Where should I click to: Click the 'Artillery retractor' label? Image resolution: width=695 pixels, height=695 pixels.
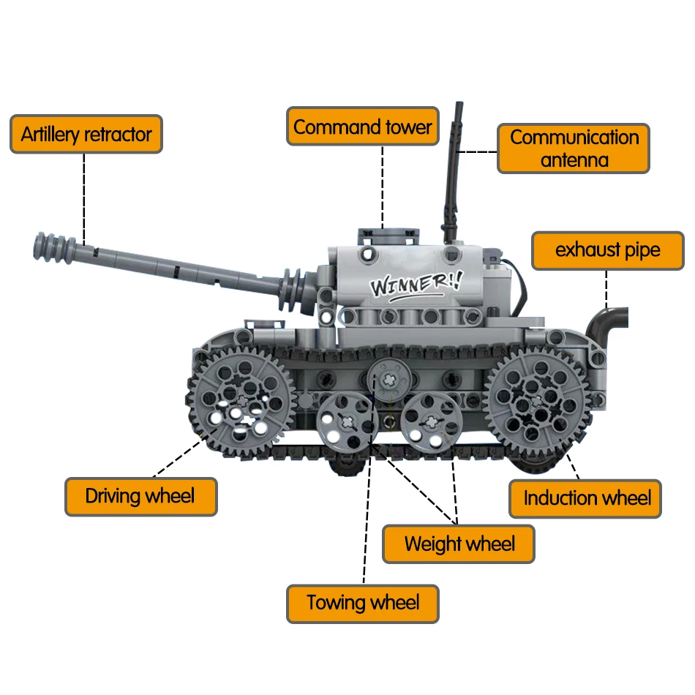(x=86, y=134)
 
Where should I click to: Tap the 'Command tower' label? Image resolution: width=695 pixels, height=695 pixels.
(x=363, y=127)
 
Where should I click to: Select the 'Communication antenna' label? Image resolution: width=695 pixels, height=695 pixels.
(x=574, y=149)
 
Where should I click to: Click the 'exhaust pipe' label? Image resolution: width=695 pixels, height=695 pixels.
(x=607, y=250)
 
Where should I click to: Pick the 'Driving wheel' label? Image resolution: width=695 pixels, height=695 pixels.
(x=140, y=497)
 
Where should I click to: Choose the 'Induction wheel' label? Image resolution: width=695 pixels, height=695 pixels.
(x=586, y=499)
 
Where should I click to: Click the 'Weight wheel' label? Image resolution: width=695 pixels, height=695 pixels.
(x=459, y=544)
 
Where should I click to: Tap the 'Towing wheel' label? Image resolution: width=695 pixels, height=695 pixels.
(x=363, y=604)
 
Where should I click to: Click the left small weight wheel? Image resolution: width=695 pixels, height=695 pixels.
(x=343, y=421)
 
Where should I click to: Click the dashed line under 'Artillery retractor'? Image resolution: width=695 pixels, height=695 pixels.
(x=84, y=198)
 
